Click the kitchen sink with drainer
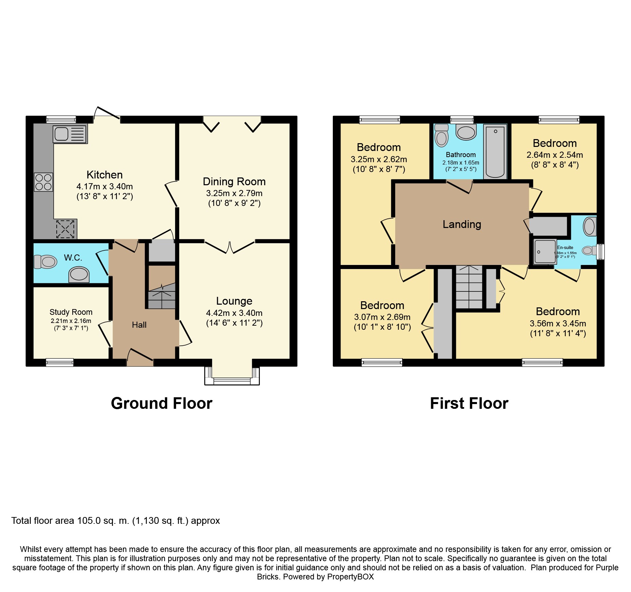(70, 134)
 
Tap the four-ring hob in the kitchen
(43, 182)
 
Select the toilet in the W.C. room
(46, 262)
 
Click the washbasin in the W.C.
(79, 274)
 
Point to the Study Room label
(71, 312)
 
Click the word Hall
(139, 325)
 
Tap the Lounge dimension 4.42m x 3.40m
(234, 313)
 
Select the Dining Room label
(234, 182)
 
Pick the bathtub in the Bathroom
(495, 151)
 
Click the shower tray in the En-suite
(545, 251)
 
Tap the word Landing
(462, 224)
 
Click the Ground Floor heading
(161, 403)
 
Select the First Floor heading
(469, 403)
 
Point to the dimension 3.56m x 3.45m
(558, 323)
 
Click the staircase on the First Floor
(469, 287)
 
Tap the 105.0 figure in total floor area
(89, 521)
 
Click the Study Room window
(60, 362)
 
